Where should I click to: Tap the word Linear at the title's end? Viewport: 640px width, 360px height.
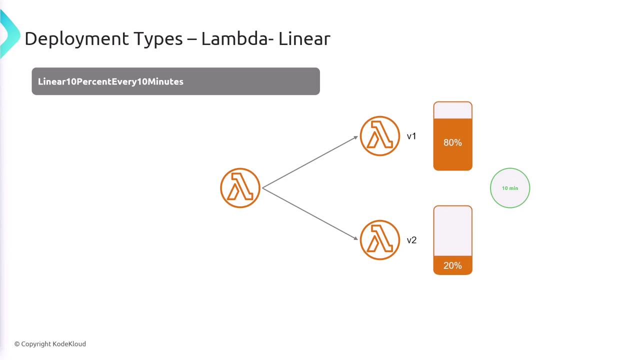[x=304, y=39]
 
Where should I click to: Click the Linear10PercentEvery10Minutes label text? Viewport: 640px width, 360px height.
[x=110, y=81]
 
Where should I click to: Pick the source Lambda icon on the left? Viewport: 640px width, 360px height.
[x=240, y=188]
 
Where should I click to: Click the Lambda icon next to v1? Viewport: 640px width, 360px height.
[x=380, y=136]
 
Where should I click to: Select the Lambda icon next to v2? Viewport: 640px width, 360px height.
[x=380, y=240]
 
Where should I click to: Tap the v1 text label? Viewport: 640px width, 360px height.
[x=411, y=136]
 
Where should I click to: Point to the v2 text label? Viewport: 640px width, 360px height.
[x=411, y=240]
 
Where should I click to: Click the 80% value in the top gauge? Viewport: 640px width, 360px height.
[x=452, y=143]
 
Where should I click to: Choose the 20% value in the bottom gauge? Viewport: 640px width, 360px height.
[x=452, y=265]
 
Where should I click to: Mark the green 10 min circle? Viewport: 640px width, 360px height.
[x=510, y=188]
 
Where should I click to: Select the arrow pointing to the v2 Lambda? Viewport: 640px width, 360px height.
[x=310, y=213]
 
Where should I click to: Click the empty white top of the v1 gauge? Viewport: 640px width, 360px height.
[x=452, y=110]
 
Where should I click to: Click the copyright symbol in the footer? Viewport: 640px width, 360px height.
[x=17, y=344]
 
